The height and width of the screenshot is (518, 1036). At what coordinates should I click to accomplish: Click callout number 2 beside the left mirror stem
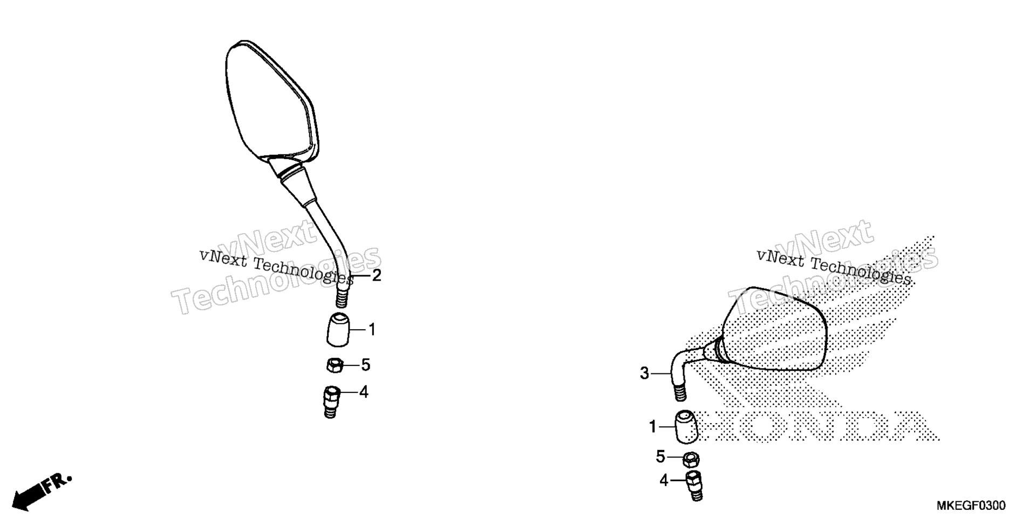pos(377,276)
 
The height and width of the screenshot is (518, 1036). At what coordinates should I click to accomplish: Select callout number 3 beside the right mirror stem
pos(644,373)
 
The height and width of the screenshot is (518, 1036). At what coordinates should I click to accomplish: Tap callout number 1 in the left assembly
pos(372,329)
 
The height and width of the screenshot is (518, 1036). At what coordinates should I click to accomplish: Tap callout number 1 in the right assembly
pos(653,427)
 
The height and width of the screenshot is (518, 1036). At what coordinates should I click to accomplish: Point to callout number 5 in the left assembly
pos(366,365)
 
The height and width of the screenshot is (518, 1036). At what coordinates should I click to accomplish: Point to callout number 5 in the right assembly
pos(661,457)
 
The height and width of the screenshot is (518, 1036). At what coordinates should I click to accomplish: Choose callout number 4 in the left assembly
pos(364,392)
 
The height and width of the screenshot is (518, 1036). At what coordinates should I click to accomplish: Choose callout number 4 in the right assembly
pos(664,480)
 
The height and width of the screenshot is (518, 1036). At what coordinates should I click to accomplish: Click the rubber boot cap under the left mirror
pos(338,329)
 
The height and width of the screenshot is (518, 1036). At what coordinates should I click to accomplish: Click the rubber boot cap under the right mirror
pos(684,426)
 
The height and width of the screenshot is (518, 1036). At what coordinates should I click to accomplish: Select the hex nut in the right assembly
pos(691,460)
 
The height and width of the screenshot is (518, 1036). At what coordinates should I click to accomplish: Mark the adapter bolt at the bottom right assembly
pos(694,486)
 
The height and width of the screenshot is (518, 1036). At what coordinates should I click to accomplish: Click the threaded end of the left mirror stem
pos(342,296)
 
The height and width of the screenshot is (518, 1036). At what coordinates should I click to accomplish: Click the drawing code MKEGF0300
pos(971,506)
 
